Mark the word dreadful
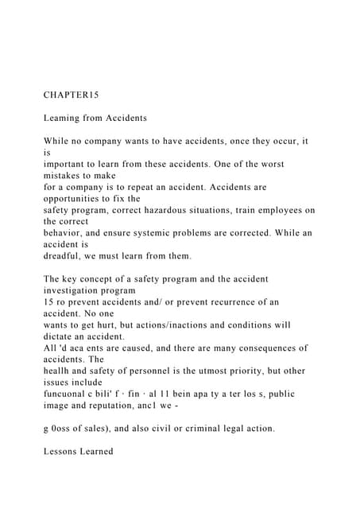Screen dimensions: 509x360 pos(66,256)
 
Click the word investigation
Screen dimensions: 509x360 pos(77,291)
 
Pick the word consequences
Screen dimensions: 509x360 pos(257,348)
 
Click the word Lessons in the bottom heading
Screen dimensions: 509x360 pos(66,452)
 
